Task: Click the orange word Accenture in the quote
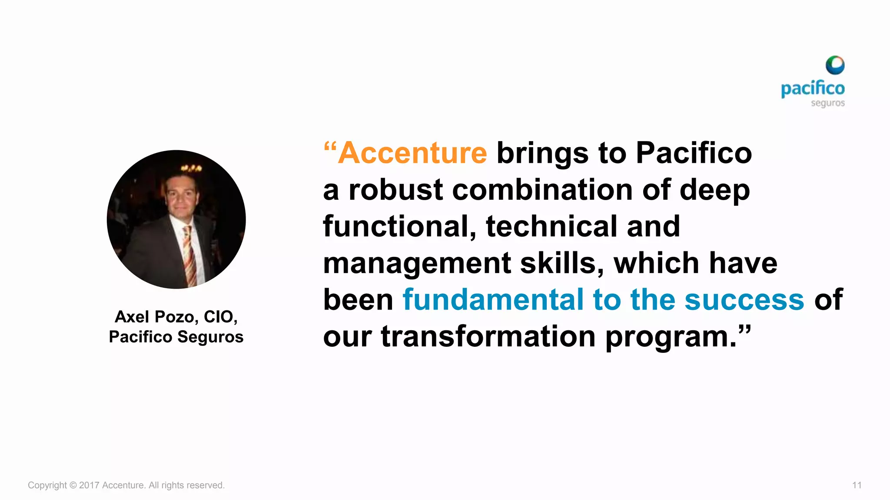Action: [412, 153]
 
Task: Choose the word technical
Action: [551, 227]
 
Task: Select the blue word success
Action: [744, 299]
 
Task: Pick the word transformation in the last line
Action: [488, 336]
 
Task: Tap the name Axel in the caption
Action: [132, 317]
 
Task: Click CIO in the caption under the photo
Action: [219, 317]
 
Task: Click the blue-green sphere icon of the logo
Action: [835, 66]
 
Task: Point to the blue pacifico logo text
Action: [812, 89]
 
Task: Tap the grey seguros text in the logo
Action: [827, 103]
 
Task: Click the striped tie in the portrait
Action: [189, 256]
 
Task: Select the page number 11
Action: [857, 485]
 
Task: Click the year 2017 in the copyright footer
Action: [89, 485]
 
